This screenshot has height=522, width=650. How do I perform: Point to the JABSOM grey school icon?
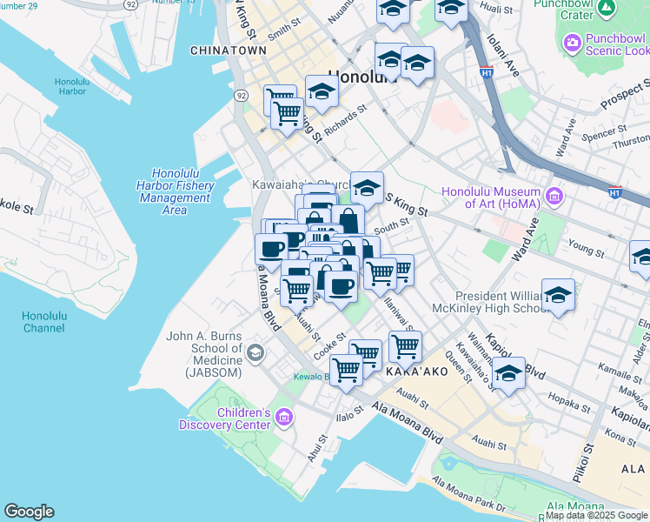tap(255, 352)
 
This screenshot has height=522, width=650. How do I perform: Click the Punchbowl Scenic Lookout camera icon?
tap(572, 42)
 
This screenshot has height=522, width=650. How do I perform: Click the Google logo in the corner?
tap(29, 512)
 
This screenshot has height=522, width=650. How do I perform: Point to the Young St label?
tap(587, 250)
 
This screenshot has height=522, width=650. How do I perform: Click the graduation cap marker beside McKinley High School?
tap(558, 297)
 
